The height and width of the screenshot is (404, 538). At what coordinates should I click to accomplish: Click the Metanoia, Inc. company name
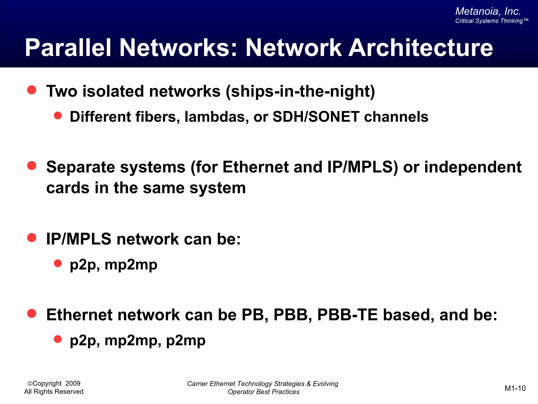tap(488, 11)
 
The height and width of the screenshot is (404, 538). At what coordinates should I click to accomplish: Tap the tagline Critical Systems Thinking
tap(491, 21)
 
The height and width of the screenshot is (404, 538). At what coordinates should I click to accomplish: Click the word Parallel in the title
tap(68, 48)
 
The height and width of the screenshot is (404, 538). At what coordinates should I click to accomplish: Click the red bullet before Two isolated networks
tap(32, 90)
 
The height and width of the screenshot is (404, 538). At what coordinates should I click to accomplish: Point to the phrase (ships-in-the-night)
tap(300, 92)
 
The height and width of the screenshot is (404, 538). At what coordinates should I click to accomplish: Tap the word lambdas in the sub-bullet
tap(216, 117)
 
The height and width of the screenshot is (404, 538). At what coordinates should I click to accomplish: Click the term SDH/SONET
tap(316, 117)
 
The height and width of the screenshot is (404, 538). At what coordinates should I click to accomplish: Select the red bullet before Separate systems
tap(32, 166)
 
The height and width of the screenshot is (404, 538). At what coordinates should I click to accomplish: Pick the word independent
tap(473, 167)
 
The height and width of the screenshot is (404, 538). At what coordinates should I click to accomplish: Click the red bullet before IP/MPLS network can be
tap(32, 238)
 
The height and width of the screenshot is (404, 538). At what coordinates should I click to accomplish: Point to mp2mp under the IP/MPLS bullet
tap(131, 265)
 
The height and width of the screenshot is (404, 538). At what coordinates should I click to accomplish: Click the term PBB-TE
tap(347, 315)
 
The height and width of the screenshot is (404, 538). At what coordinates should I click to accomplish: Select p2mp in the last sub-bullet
tap(186, 341)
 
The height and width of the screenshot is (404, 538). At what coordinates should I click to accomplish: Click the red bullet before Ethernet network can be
tap(32, 314)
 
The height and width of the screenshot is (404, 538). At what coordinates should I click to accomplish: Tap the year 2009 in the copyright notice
tap(73, 383)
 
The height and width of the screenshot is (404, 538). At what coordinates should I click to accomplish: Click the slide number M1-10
tap(515, 388)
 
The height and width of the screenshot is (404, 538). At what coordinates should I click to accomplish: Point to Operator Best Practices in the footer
tap(263, 392)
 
